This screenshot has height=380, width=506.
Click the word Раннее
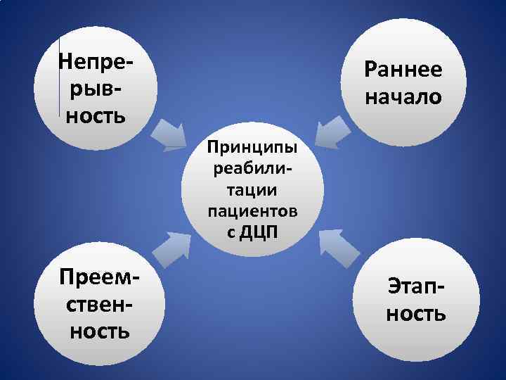403,70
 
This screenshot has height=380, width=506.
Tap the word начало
403,96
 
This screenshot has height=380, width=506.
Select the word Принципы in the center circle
252,148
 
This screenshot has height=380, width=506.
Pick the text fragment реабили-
252,170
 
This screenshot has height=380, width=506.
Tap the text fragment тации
252,190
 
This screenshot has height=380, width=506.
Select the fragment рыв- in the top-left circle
96,89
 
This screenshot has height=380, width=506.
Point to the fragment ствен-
99,304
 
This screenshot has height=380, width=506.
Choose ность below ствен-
99,330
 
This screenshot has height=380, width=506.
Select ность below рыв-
96,115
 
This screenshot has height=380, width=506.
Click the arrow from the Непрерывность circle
168,134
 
